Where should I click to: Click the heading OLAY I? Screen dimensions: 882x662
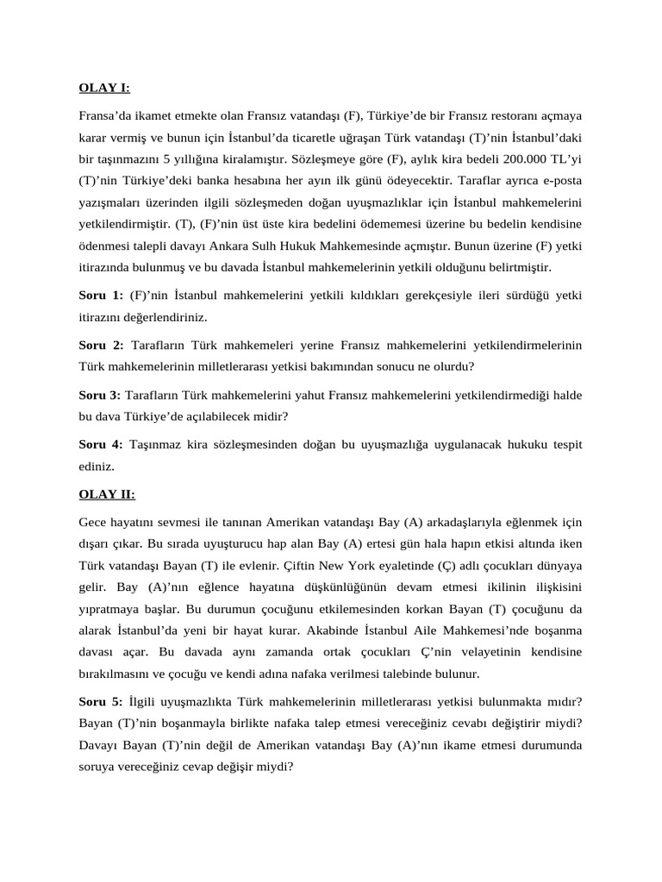[x=104, y=87]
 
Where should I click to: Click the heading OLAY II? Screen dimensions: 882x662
[x=107, y=494]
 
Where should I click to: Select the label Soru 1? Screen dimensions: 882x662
[x=101, y=295]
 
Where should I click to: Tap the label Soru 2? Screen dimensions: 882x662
[x=101, y=345]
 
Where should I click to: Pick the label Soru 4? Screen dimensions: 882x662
[x=101, y=444]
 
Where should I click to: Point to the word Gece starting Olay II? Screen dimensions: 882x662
[x=93, y=523]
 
